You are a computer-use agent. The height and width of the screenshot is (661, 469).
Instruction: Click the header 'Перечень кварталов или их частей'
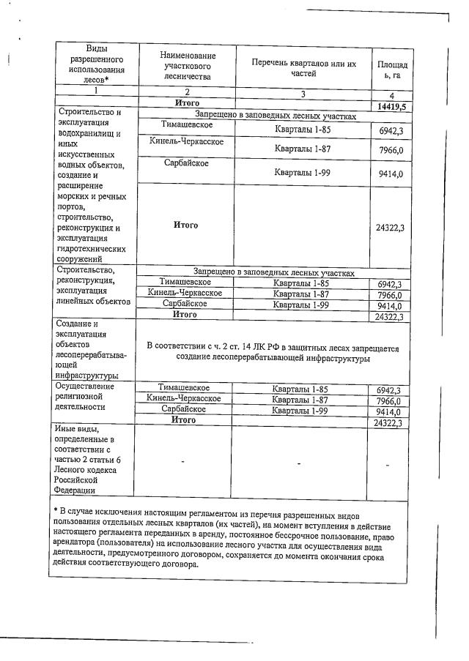click(303, 69)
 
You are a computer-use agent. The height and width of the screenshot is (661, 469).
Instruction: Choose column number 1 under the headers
click(93, 91)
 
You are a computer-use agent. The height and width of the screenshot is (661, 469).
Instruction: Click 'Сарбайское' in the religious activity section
click(184, 409)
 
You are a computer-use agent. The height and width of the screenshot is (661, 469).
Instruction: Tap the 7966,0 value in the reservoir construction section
click(389, 150)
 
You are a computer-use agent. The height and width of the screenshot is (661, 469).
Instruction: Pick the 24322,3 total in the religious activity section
click(389, 422)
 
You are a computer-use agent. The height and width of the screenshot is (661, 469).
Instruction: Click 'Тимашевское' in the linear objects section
click(185, 282)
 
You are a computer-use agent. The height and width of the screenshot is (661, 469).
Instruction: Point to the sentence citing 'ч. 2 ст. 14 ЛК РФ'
click(273, 353)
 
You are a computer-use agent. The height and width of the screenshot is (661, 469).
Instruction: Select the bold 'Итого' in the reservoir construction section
click(185, 224)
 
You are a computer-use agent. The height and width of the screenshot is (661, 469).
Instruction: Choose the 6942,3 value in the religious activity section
click(389, 390)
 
